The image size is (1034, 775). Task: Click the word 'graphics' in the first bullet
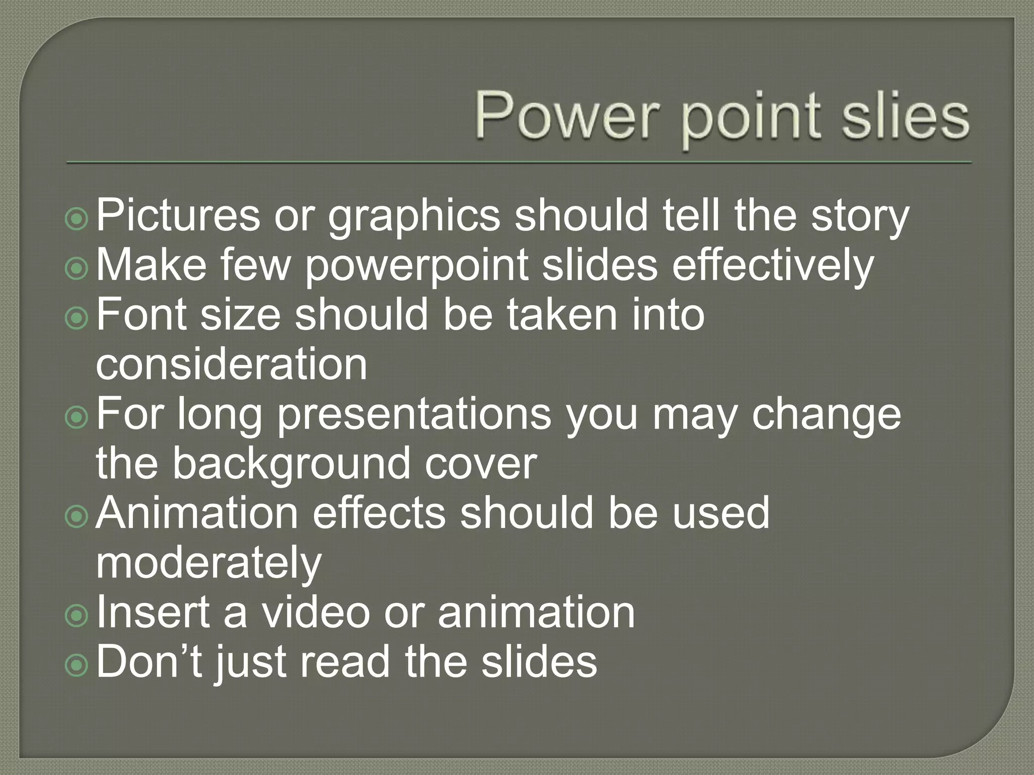pyautogui.click(x=414, y=217)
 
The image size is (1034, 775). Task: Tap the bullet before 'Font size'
pyautogui.click(x=77, y=318)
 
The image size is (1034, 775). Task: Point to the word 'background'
pyautogui.click(x=291, y=464)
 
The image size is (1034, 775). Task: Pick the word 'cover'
pyautogui.click(x=480, y=464)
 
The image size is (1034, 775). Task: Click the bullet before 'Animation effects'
pyautogui.click(x=77, y=517)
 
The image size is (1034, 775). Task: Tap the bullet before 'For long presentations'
pyautogui.click(x=77, y=418)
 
